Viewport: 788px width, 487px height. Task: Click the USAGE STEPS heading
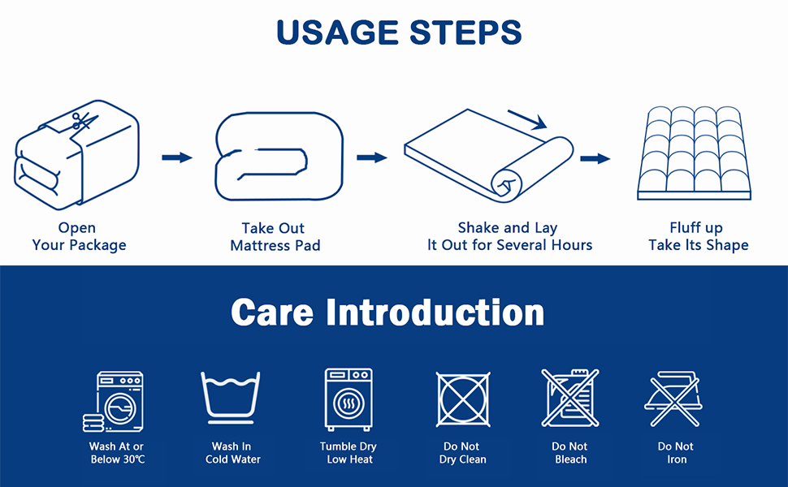click(x=398, y=32)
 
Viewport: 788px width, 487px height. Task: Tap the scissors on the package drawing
click(x=81, y=122)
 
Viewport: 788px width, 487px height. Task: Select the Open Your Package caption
click(x=79, y=236)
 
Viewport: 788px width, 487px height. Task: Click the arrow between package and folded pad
click(x=176, y=157)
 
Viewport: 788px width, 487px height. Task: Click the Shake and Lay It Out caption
click(x=509, y=236)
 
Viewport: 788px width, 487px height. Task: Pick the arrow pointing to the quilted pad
click(x=595, y=158)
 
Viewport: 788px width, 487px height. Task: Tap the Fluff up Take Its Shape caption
click(x=698, y=236)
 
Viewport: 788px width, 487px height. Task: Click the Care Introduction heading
click(x=388, y=312)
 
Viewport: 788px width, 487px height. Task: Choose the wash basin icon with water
click(x=231, y=398)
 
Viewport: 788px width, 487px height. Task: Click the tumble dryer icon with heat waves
click(x=349, y=399)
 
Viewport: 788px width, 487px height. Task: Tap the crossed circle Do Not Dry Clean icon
click(x=462, y=399)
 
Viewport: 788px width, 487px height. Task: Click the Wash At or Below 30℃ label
click(x=116, y=453)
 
